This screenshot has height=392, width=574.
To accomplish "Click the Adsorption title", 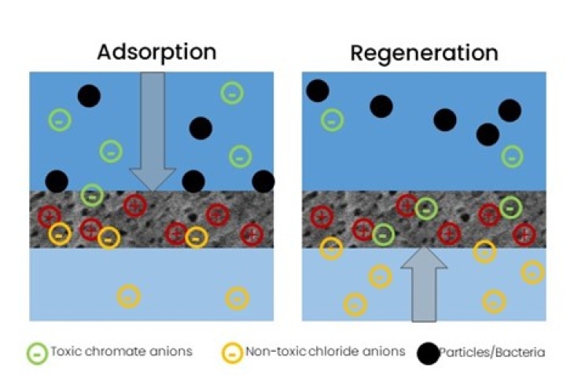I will pyautogui.click(x=156, y=53).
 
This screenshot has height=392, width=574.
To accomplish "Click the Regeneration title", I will pyautogui.click(x=424, y=53).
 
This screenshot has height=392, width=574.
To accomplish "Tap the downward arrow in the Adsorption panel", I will pyautogui.click(x=152, y=130).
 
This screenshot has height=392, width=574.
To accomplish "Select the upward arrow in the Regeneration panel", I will pyautogui.click(x=424, y=283).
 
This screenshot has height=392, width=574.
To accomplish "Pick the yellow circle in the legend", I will pyautogui.click(x=232, y=353).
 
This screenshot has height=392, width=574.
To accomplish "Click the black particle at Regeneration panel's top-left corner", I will pyautogui.click(x=317, y=90).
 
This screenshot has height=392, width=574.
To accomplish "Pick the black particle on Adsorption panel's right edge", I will pyautogui.click(x=263, y=181).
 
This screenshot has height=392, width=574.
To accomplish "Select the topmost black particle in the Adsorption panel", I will pyautogui.click(x=89, y=97).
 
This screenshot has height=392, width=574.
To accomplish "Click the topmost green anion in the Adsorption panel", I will pyautogui.click(x=231, y=93).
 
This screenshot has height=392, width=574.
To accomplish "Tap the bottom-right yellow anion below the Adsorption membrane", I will pyautogui.click(x=237, y=298).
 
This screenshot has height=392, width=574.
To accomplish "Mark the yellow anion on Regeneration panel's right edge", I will pyautogui.click(x=532, y=272).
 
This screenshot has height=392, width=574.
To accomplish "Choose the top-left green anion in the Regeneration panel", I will pyautogui.click(x=332, y=120).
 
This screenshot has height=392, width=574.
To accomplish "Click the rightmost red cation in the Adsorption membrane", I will pyautogui.click(x=252, y=233).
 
